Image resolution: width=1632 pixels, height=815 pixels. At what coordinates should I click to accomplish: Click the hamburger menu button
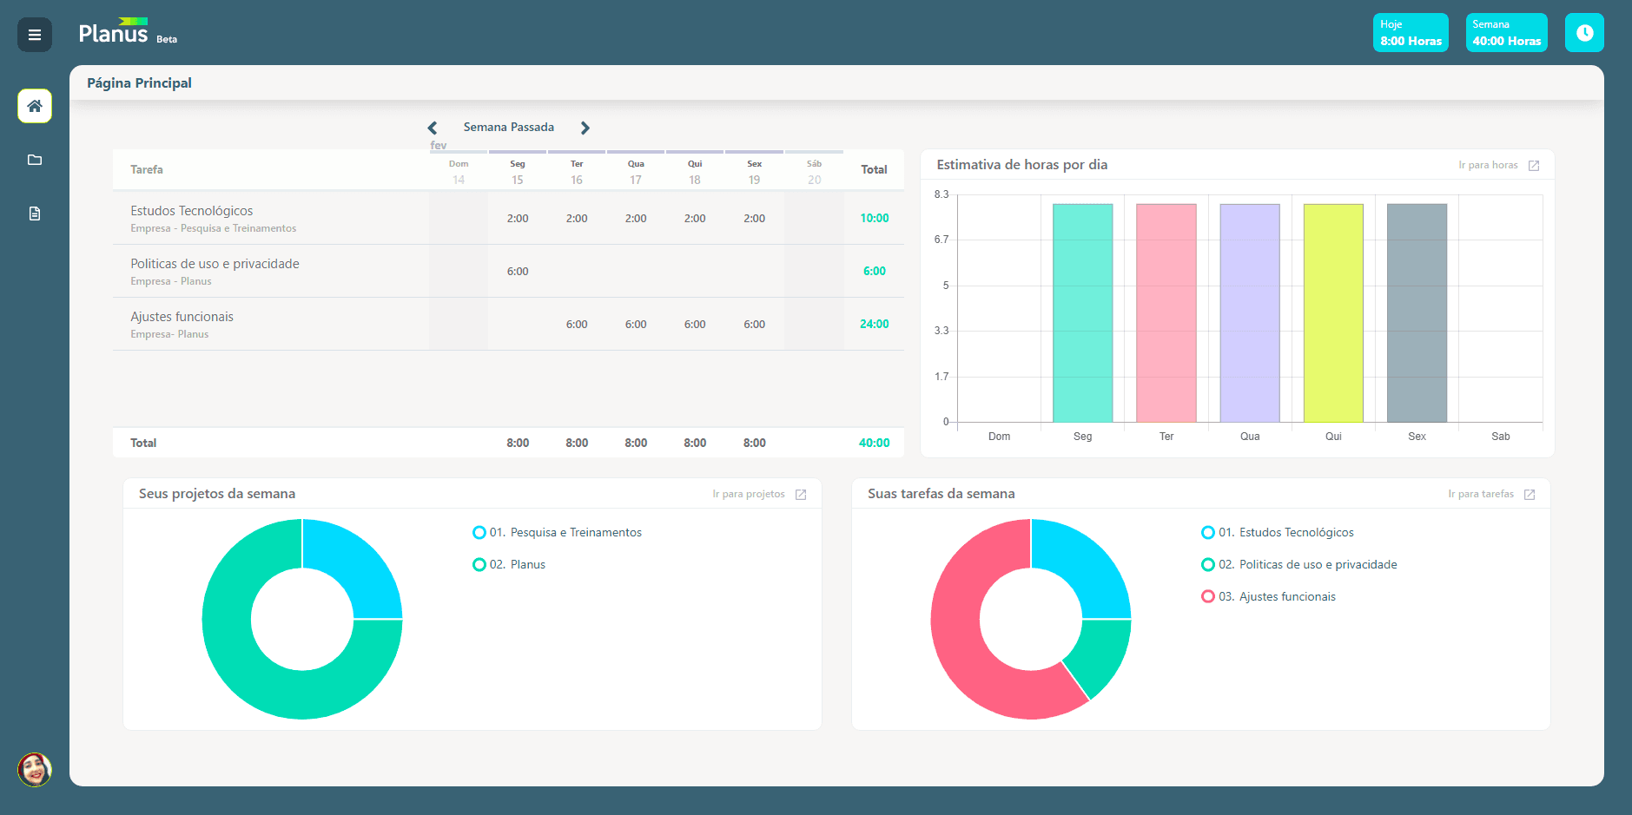pyautogui.click(x=35, y=35)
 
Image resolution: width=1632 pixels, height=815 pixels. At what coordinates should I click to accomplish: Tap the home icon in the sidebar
pyautogui.click(x=35, y=106)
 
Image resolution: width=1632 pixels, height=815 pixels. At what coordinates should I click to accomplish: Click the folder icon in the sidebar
pyautogui.click(x=35, y=160)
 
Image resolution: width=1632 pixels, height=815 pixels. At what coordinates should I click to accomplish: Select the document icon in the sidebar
pyautogui.click(x=35, y=214)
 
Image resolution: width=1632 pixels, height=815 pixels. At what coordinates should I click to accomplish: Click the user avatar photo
pyautogui.click(x=35, y=770)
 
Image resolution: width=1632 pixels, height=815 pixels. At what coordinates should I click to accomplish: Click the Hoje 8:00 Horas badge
pyautogui.click(x=1411, y=33)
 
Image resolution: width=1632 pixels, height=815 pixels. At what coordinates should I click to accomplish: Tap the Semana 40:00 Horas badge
pyautogui.click(x=1507, y=33)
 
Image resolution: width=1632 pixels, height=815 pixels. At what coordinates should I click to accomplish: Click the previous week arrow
pyautogui.click(x=433, y=128)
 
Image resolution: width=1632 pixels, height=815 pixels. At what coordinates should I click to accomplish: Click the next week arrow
pyautogui.click(x=585, y=128)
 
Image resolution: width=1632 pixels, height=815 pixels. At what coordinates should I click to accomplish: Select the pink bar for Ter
pyautogui.click(x=1166, y=313)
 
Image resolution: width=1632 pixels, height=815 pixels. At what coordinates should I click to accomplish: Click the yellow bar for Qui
pyautogui.click(x=1333, y=313)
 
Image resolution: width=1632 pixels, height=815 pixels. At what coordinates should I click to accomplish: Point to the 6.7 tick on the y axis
pyautogui.click(x=942, y=240)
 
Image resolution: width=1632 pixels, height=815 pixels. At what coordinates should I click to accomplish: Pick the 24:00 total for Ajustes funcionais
pyautogui.click(x=875, y=324)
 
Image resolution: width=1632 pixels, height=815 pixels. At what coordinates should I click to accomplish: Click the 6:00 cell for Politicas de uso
pyautogui.click(x=518, y=272)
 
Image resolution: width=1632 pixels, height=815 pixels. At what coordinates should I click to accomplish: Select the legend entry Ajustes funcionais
pyautogui.click(x=1269, y=596)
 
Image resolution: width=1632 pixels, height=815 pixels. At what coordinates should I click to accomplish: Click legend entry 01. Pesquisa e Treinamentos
pyautogui.click(x=558, y=532)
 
